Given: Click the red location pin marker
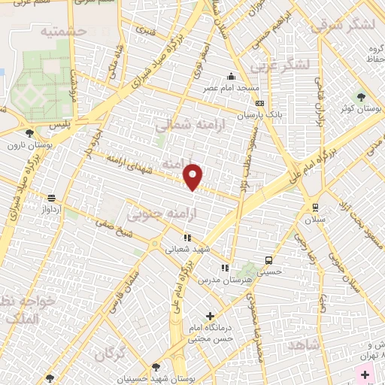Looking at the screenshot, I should click(x=193, y=176).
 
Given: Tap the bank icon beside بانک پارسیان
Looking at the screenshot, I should click(x=259, y=104).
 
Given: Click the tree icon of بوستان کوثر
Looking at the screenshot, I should click(x=361, y=97).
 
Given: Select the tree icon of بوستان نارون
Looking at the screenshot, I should click(x=29, y=133).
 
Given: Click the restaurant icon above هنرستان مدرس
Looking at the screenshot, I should click(x=223, y=268).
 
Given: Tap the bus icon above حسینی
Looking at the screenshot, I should click(x=268, y=260).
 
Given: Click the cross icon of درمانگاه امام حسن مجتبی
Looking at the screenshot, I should click(x=210, y=317).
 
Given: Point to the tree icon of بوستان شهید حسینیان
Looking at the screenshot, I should click(x=156, y=368).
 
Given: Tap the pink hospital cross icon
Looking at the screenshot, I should click(x=365, y=374).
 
